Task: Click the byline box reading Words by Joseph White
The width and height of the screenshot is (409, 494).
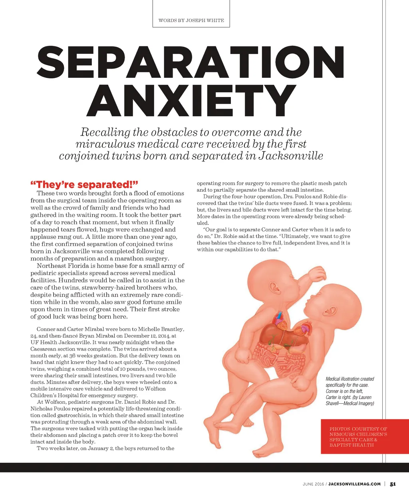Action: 191,20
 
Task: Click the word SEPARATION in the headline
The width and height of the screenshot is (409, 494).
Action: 191,64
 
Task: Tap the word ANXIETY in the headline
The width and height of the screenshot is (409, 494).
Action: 191,101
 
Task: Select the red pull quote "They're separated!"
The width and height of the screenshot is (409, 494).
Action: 84,185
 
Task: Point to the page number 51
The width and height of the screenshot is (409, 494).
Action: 393,484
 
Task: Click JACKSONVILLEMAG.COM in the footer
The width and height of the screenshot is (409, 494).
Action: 354,484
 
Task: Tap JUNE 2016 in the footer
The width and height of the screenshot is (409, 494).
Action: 314,484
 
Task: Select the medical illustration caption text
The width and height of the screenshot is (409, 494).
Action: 350,391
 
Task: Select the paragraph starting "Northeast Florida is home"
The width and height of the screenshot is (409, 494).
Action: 107,291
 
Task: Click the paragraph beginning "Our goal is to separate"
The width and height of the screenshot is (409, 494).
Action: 274,240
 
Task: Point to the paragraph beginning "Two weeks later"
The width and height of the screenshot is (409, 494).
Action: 105,448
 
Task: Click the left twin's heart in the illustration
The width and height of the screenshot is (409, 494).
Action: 278,319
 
